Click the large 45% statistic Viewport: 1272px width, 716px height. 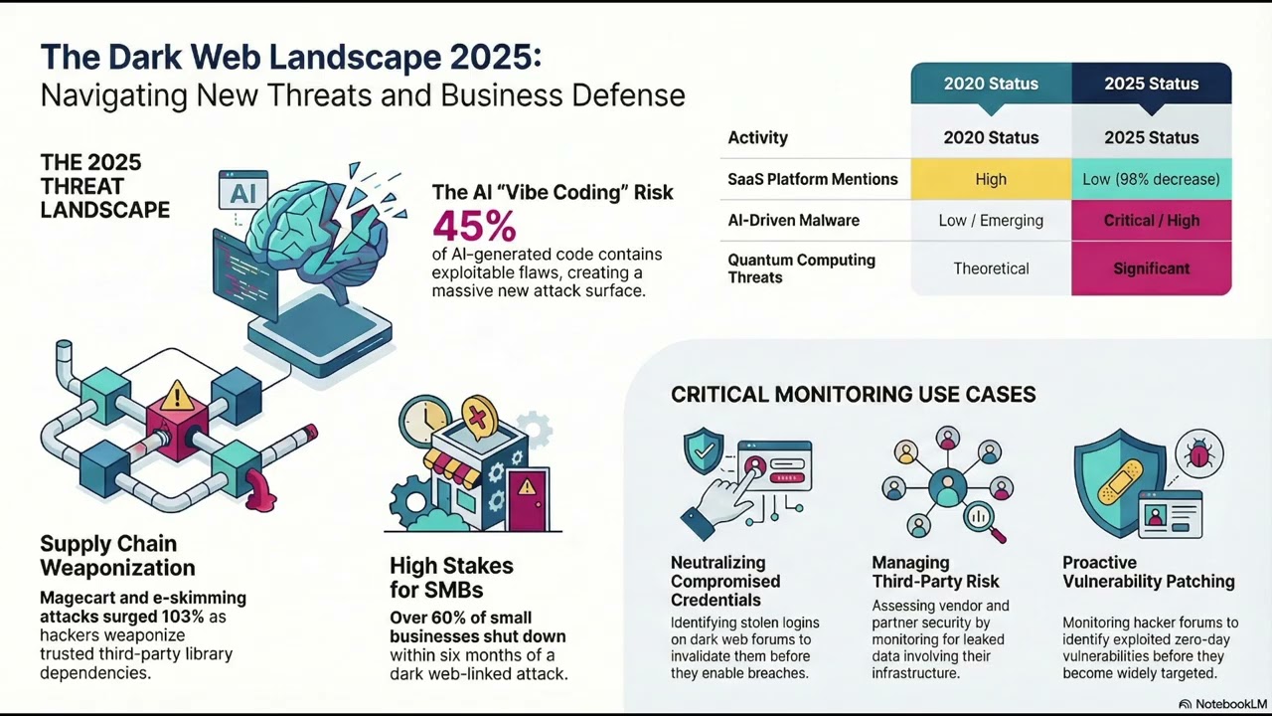(x=475, y=227)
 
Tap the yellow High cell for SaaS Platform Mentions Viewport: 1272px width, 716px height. (x=991, y=179)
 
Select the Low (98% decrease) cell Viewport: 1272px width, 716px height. (x=1152, y=179)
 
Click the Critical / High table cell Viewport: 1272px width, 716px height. (x=1152, y=221)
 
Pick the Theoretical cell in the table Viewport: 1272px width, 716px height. (x=991, y=268)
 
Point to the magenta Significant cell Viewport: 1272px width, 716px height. (x=1152, y=268)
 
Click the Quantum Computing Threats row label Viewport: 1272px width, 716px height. (x=801, y=268)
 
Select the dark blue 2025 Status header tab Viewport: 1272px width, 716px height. (x=1152, y=85)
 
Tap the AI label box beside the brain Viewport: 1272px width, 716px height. (x=243, y=192)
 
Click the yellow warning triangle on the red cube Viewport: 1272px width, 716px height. (x=177, y=397)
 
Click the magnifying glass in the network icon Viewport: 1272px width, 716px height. (x=984, y=520)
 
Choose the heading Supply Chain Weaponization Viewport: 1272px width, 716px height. (x=117, y=556)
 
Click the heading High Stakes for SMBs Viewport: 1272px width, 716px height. (x=451, y=578)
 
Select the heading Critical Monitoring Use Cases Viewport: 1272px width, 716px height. (x=853, y=395)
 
